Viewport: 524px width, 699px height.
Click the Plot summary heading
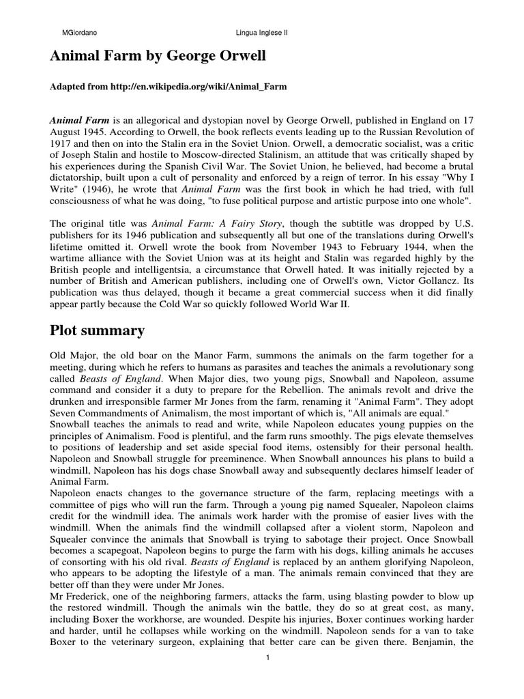coord(97,330)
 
